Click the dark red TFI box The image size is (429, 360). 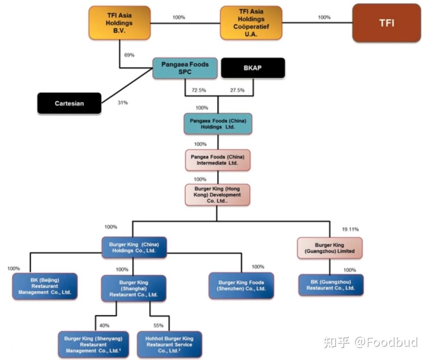point(386,23)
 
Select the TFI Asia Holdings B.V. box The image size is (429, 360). point(120,23)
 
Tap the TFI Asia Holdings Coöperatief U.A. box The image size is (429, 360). point(251,23)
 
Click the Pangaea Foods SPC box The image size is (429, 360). point(185,68)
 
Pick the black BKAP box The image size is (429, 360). point(253,68)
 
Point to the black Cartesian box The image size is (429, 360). point(69,103)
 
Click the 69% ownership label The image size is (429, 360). point(129,55)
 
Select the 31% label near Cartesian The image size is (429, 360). point(123,103)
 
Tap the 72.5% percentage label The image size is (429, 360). point(199,90)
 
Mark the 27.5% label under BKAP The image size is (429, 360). point(237,90)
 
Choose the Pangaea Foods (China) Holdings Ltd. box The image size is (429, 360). point(218,124)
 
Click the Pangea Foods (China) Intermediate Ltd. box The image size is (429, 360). point(218,160)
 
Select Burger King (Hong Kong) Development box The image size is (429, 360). point(218,194)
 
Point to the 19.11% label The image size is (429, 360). point(350,229)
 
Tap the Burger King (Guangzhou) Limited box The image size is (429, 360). point(330,248)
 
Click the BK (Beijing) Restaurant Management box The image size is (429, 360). point(45,286)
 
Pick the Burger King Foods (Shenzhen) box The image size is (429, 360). point(242,286)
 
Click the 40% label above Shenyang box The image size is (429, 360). point(104,325)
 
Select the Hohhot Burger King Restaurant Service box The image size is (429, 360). point(169,345)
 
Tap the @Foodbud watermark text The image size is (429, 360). point(386,342)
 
